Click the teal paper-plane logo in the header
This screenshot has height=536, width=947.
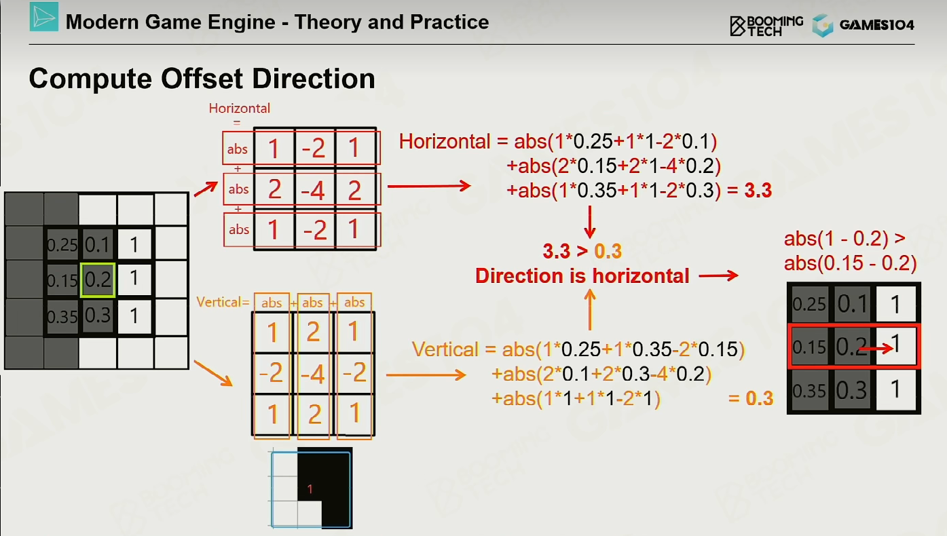pyautogui.click(x=44, y=17)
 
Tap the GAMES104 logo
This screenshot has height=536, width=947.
pyautogui.click(x=864, y=25)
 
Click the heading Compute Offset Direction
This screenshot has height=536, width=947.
pyautogui.click(x=202, y=79)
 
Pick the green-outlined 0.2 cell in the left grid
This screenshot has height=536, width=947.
pyautogui.click(x=98, y=280)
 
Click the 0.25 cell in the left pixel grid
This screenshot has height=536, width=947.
pyautogui.click(x=62, y=244)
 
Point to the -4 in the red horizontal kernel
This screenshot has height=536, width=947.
pyautogui.click(x=313, y=190)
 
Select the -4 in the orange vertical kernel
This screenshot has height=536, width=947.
pyautogui.click(x=313, y=373)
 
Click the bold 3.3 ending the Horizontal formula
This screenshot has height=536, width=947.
pyautogui.click(x=758, y=190)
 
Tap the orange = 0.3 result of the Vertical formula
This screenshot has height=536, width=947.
pyautogui.click(x=751, y=398)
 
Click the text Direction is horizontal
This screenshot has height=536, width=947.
pyautogui.click(x=582, y=276)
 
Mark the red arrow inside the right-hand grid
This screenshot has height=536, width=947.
pyautogui.click(x=876, y=349)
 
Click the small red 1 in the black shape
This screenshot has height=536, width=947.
pyautogui.click(x=310, y=489)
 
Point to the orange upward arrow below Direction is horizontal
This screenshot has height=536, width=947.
pyautogui.click(x=590, y=309)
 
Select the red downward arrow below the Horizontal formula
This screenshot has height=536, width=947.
pyautogui.click(x=590, y=222)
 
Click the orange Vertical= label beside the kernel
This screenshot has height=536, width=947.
pyautogui.click(x=223, y=302)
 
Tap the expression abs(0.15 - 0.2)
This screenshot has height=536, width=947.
pyautogui.click(x=850, y=263)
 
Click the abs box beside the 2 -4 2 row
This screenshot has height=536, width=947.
pyautogui.click(x=238, y=189)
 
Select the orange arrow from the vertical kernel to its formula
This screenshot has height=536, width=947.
pyautogui.click(x=426, y=375)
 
